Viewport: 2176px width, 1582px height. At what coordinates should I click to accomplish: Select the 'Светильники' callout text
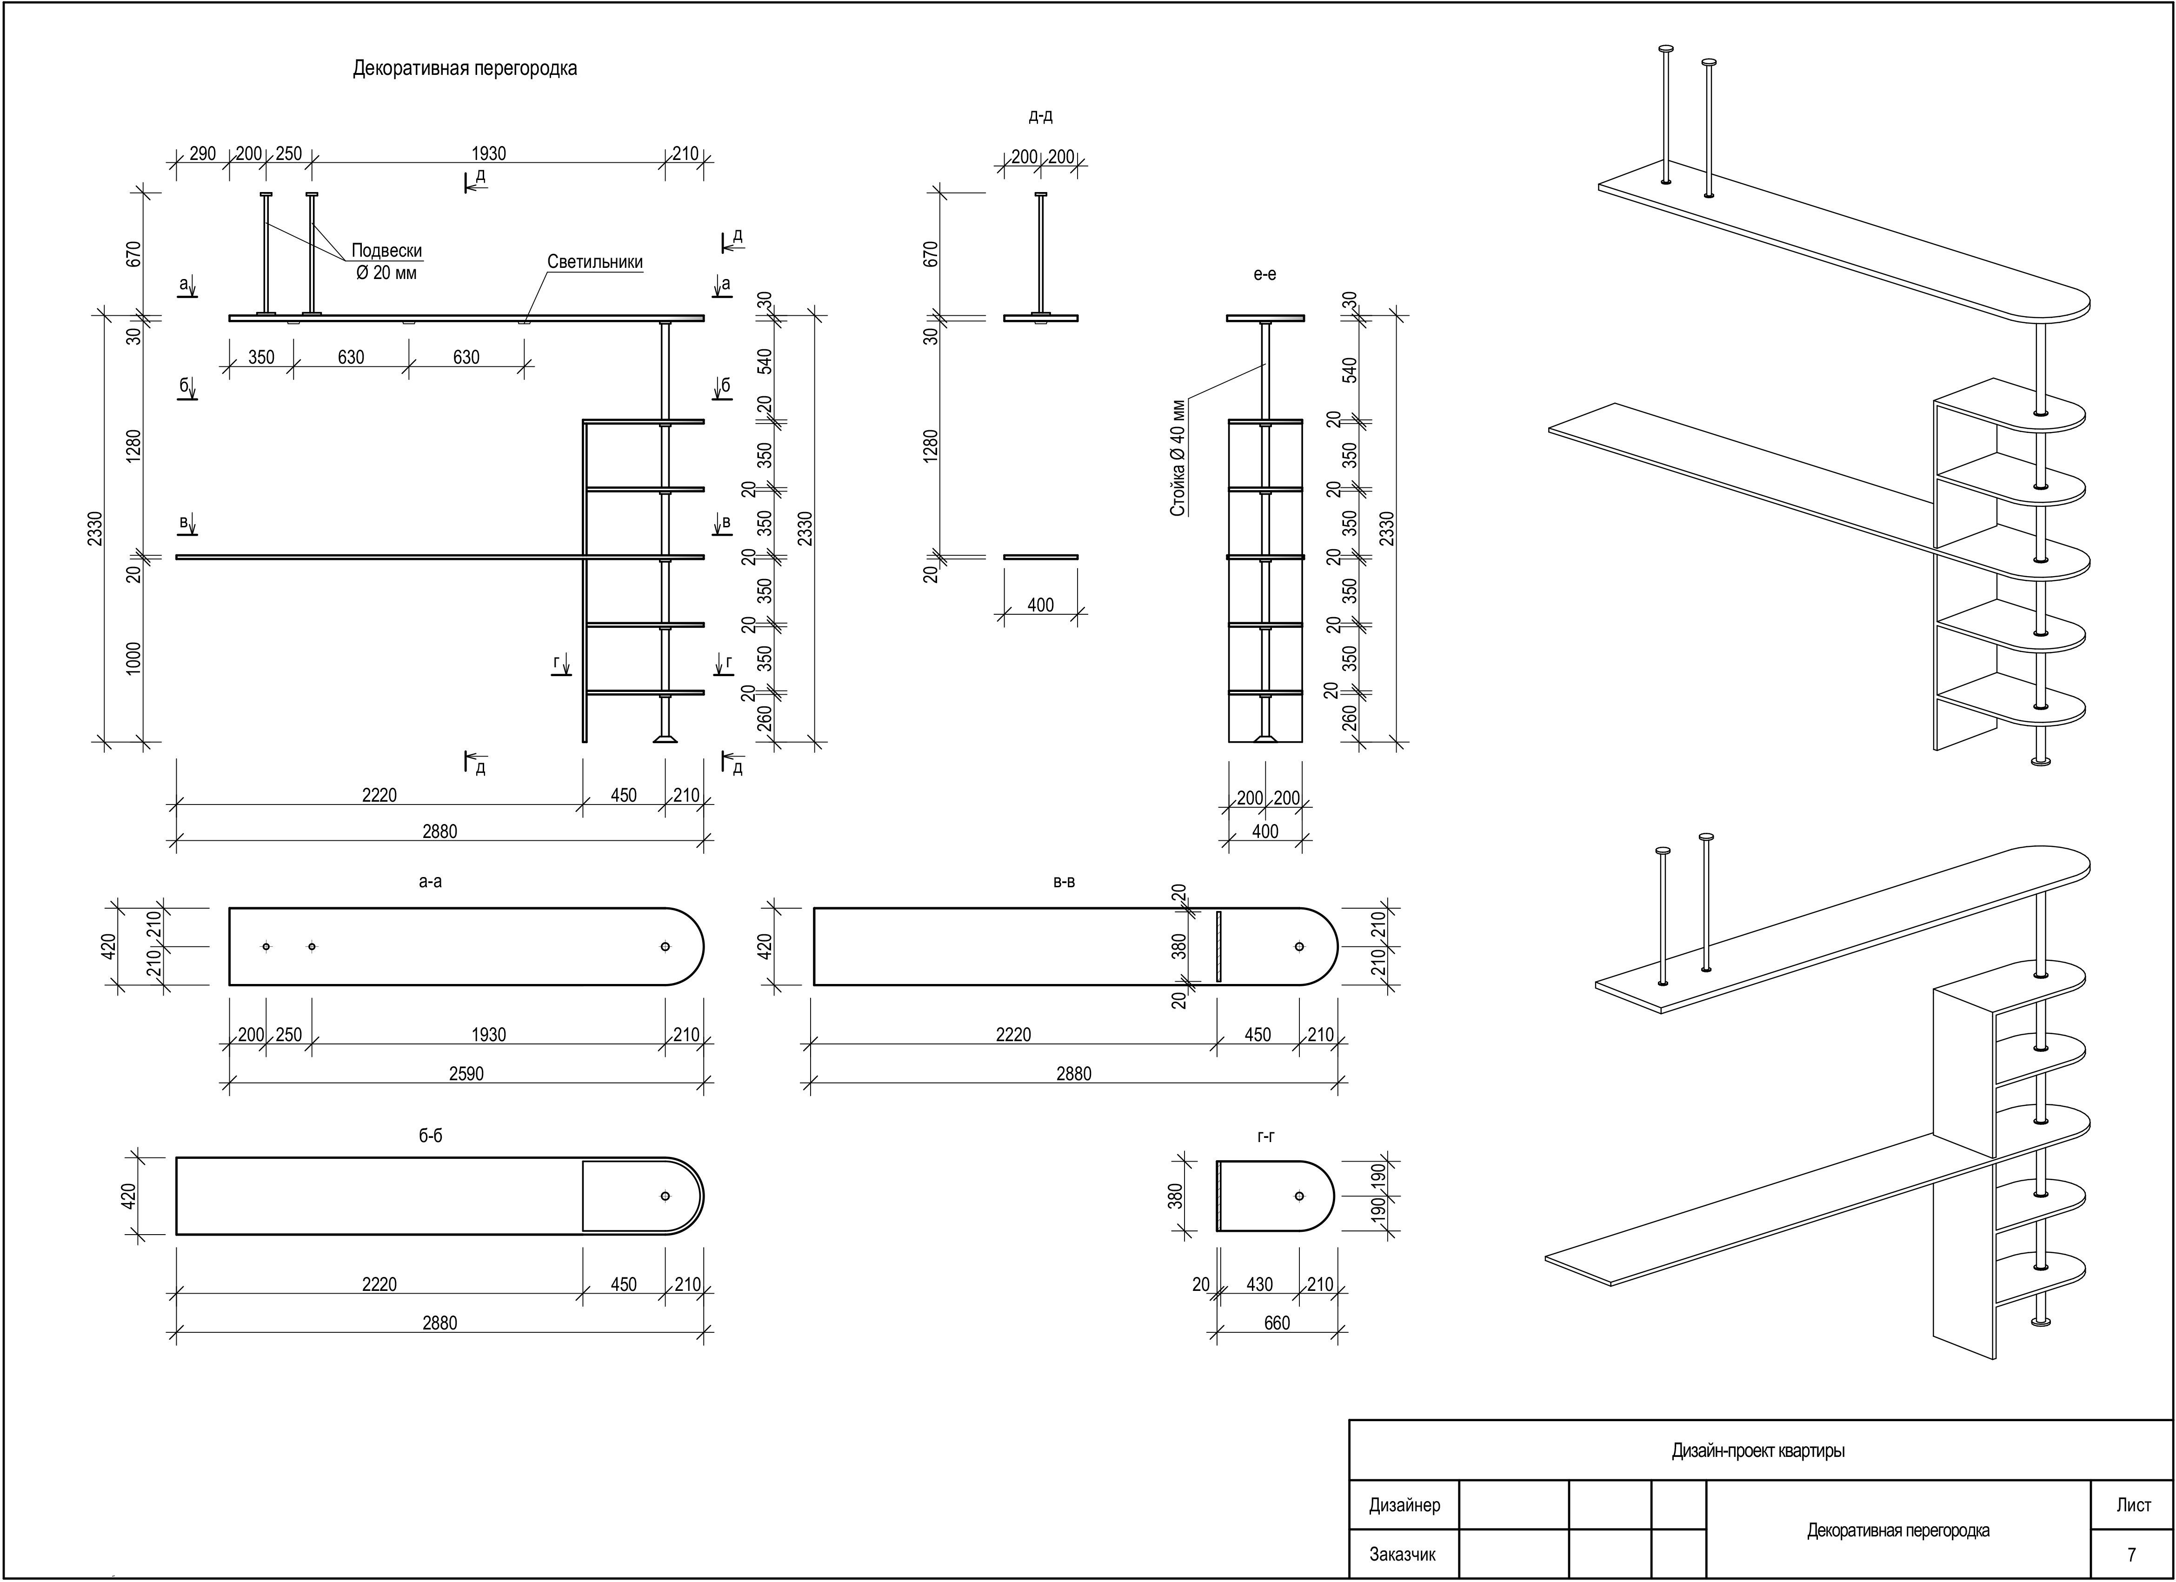pos(595,262)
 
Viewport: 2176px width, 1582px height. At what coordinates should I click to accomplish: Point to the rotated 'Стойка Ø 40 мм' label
pos(1178,458)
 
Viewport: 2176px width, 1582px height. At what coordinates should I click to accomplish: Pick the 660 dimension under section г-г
pos(1277,1323)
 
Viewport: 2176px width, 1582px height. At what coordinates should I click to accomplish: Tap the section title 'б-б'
pos(431,1136)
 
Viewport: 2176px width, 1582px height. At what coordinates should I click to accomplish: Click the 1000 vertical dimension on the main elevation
pos(133,658)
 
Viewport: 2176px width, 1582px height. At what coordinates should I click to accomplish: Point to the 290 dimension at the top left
pos(202,153)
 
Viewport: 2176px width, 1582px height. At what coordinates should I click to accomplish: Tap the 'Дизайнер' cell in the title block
pos(1404,1505)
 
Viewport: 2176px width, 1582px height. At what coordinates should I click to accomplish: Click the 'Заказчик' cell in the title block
pos(1403,1554)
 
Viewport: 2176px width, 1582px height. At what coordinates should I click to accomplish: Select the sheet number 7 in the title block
pos(2132,1554)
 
